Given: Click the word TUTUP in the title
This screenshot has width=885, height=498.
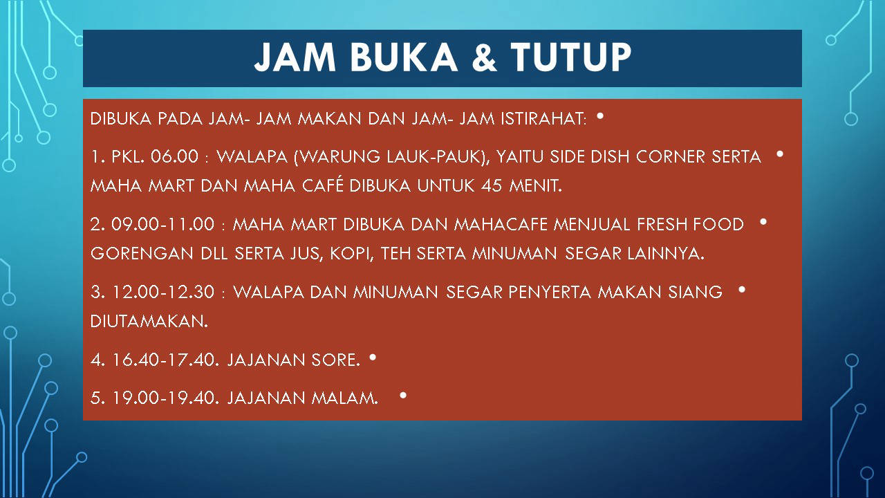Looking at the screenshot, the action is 571,57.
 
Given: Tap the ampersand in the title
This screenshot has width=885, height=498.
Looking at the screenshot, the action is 484,57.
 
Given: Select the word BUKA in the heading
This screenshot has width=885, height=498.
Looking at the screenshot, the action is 404,57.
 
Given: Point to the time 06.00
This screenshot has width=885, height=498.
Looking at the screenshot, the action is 174,156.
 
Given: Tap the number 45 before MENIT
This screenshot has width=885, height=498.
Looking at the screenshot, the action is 492,185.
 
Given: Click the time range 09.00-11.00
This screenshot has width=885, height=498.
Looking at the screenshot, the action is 162,225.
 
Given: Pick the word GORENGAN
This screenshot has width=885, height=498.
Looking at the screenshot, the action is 142,253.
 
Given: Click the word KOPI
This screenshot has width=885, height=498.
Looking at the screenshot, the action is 352,254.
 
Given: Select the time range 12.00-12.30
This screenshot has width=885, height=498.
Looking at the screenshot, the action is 164,292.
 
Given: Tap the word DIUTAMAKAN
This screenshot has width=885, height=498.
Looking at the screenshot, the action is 149,322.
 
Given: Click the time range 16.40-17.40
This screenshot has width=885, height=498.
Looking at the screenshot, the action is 166,360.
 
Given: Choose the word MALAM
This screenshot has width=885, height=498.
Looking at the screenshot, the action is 345,398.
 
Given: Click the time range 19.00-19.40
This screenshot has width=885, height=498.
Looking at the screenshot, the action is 166,398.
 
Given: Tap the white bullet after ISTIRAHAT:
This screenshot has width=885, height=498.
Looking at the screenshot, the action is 600,116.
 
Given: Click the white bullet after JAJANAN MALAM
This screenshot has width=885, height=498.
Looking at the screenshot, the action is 403,395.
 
